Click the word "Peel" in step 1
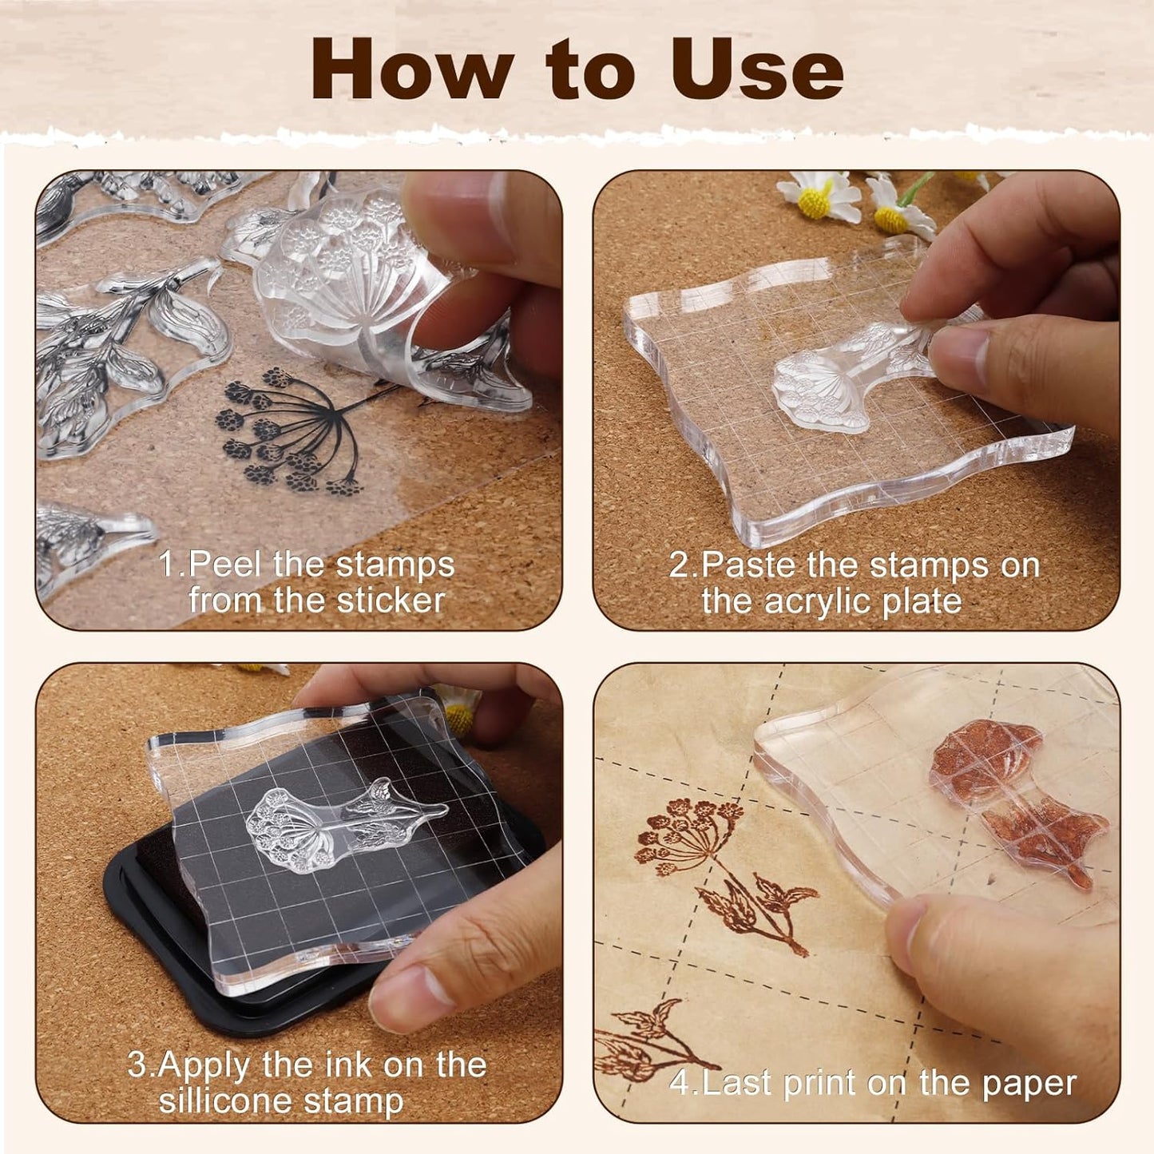point(227,565)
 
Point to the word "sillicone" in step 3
point(232,1101)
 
